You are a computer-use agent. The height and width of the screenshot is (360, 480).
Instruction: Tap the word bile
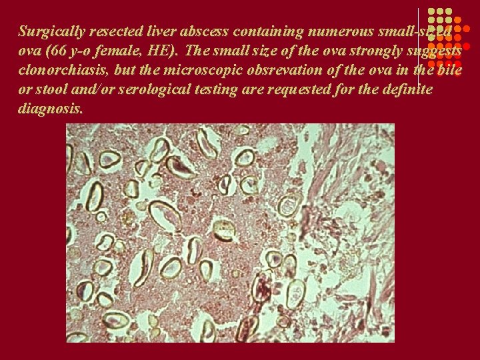coord(449,70)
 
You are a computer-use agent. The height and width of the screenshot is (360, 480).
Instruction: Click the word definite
coord(408,89)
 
